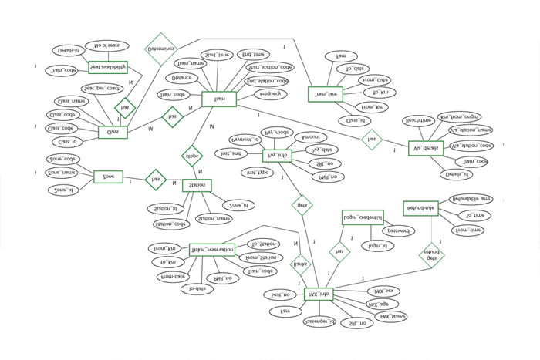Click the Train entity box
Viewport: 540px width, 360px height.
pos(218,99)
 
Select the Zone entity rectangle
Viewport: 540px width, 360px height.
pos(108,177)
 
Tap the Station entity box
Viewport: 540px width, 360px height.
pos(197,186)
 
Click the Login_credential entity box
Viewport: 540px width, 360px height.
pos(363,218)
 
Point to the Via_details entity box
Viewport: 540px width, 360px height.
pos(426,148)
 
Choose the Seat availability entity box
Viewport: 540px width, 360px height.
pos(108,68)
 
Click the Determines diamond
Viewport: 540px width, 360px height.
pos(161,47)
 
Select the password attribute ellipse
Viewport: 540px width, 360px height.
pos(399,230)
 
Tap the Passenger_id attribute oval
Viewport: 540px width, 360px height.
pos(319,321)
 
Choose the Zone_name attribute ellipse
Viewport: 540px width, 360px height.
pos(61,173)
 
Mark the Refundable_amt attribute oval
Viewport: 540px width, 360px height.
pos(471,199)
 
